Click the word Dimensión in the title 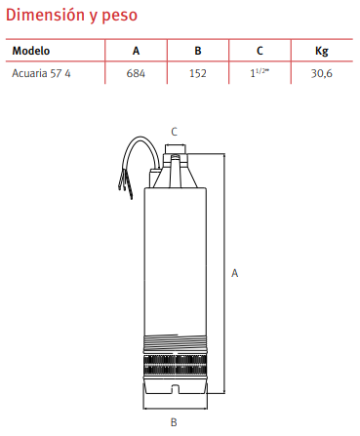click(x=45, y=15)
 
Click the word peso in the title click(x=120, y=17)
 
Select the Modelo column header click(x=31, y=51)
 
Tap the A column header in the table click(x=136, y=51)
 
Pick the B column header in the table click(x=198, y=51)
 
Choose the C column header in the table click(x=260, y=51)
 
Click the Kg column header click(x=321, y=52)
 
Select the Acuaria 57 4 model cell click(x=41, y=73)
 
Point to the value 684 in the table click(x=136, y=73)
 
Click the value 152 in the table click(x=198, y=73)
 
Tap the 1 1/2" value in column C click(x=260, y=73)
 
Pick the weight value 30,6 click(x=321, y=74)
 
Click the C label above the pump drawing click(x=175, y=132)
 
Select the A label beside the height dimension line click(x=234, y=273)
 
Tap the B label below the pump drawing click(x=174, y=422)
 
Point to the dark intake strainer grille click(x=176, y=366)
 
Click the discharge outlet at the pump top click(x=176, y=150)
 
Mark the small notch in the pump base click(x=175, y=389)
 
